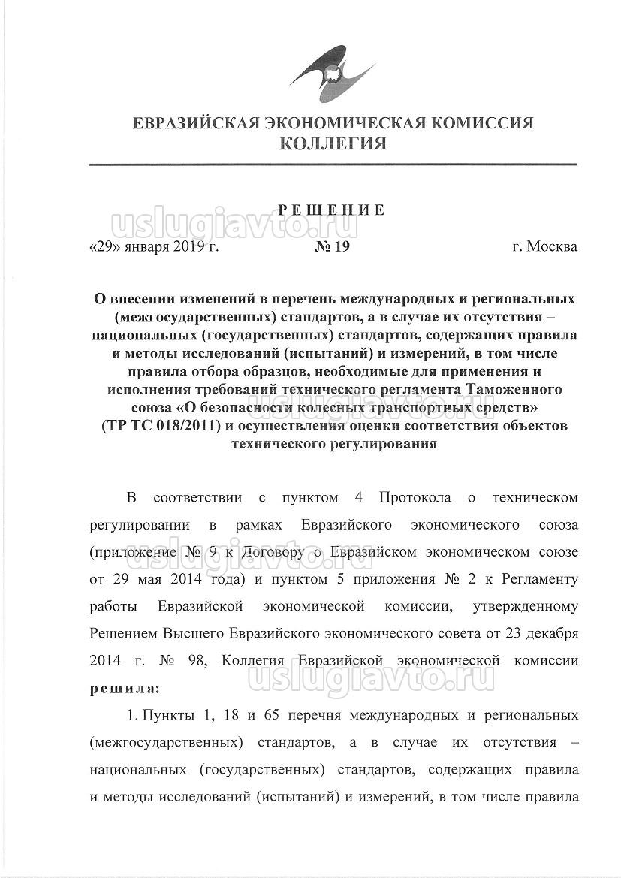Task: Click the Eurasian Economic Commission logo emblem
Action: tap(331, 72)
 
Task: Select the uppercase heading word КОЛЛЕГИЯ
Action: tap(333, 143)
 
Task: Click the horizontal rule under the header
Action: tap(333, 164)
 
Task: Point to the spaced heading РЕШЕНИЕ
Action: tap(333, 210)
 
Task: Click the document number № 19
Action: tap(332, 246)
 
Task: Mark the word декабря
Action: tap(547, 633)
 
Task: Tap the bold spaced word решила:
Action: tap(125, 686)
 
